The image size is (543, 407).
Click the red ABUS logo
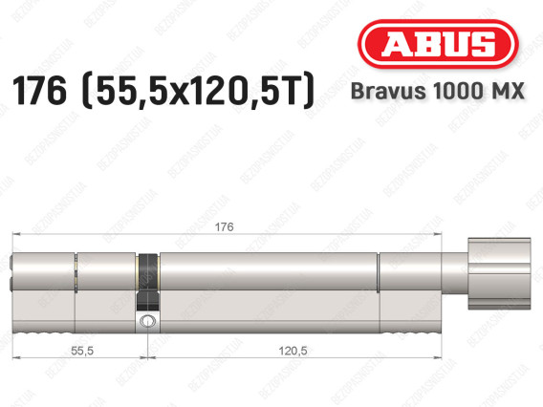tap(438, 44)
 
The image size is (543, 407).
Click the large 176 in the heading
tap(39, 91)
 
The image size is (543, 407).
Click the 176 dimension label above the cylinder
tap(224, 227)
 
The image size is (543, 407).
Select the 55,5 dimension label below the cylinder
tap(82, 351)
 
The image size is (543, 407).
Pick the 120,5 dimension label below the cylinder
tap(293, 351)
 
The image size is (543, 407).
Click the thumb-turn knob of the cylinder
tap(499, 273)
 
